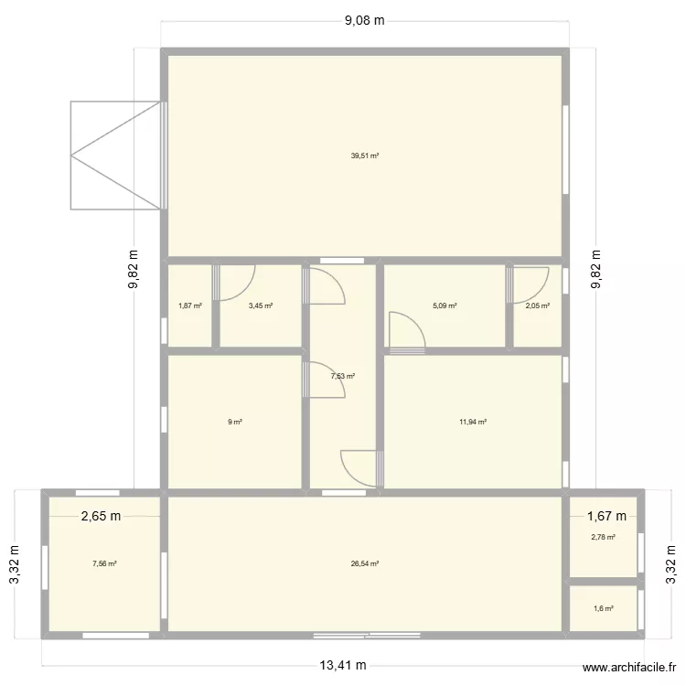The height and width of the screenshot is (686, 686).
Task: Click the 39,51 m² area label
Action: pos(364,156)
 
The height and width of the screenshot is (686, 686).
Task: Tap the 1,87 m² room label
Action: pos(189,306)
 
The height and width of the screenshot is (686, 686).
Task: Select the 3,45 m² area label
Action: pos(261,306)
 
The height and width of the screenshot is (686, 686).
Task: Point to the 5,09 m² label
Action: pos(444,306)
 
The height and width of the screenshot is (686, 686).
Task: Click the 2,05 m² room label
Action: pos(538,306)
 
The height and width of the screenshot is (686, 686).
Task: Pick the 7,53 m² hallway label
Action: pos(343,376)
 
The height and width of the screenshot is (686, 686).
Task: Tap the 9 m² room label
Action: pos(235,422)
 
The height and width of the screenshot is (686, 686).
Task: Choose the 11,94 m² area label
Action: pos(473,422)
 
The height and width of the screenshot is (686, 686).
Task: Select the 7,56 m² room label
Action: pos(104,564)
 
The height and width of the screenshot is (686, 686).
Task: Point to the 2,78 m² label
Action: pos(604,537)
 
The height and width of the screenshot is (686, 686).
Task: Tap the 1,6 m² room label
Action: pos(604,608)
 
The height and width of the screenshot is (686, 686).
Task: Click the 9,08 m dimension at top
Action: pos(364,21)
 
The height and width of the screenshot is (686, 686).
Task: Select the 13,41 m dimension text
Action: pos(343,665)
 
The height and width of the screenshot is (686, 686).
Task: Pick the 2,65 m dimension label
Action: pos(101,517)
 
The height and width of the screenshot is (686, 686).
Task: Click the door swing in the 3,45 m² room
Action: pos(233,284)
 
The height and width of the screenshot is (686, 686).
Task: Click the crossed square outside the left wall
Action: pos(115,155)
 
